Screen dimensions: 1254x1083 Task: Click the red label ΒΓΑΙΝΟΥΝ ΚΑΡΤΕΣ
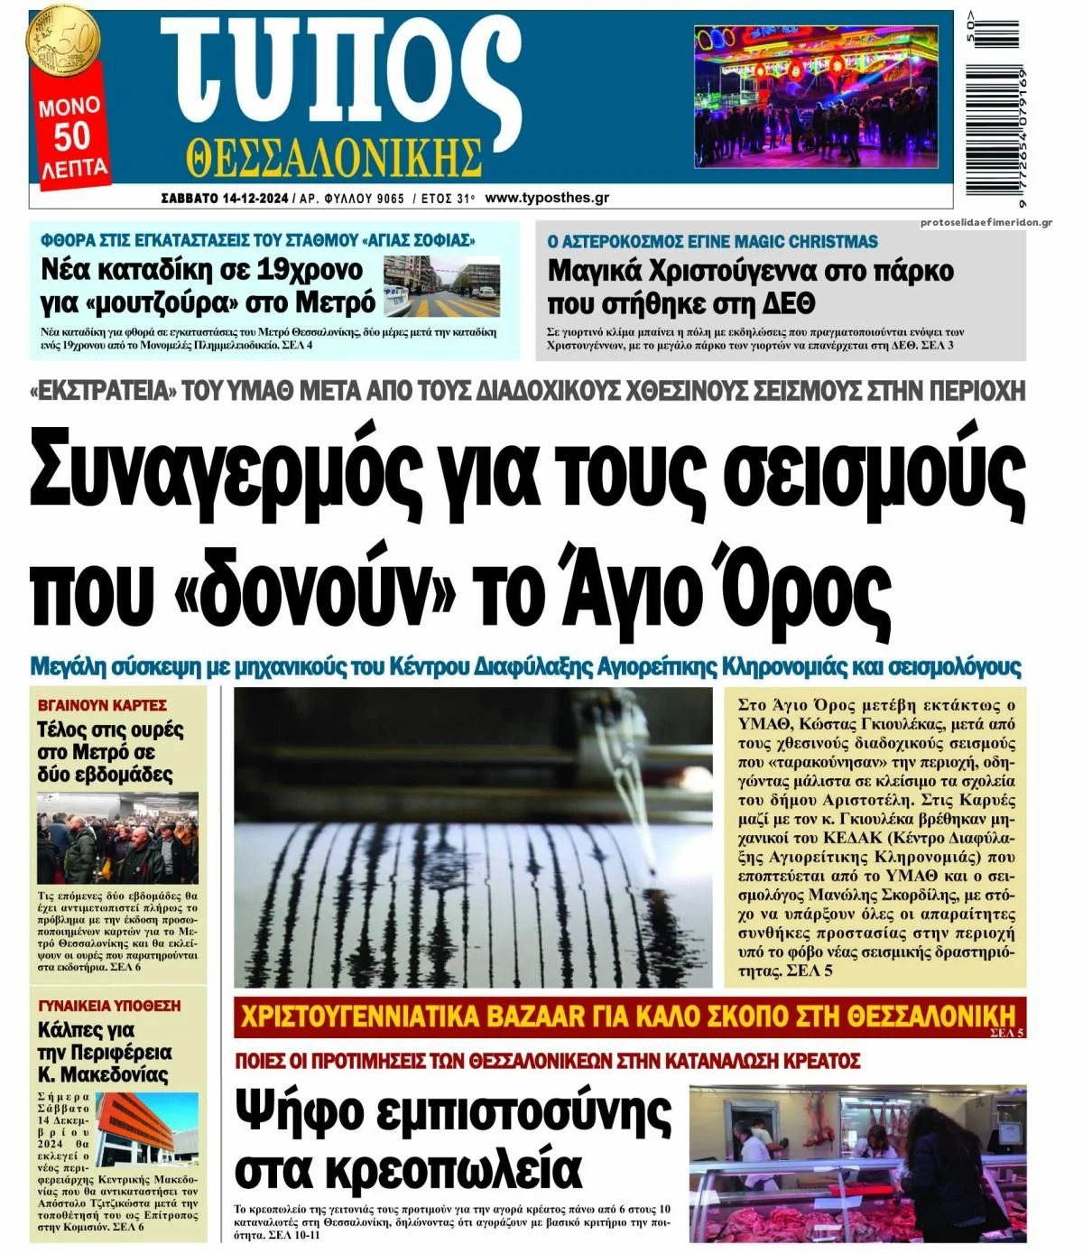point(102,705)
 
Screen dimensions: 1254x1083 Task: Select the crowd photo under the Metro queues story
point(117,840)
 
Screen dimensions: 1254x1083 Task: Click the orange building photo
point(146,1129)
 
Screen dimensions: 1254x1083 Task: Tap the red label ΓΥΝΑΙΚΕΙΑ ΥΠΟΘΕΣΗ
point(109,1006)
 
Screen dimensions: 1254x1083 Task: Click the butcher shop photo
point(857,1163)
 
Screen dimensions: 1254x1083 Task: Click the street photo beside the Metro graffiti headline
point(440,286)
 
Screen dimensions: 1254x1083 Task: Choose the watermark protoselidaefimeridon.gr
point(986,223)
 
